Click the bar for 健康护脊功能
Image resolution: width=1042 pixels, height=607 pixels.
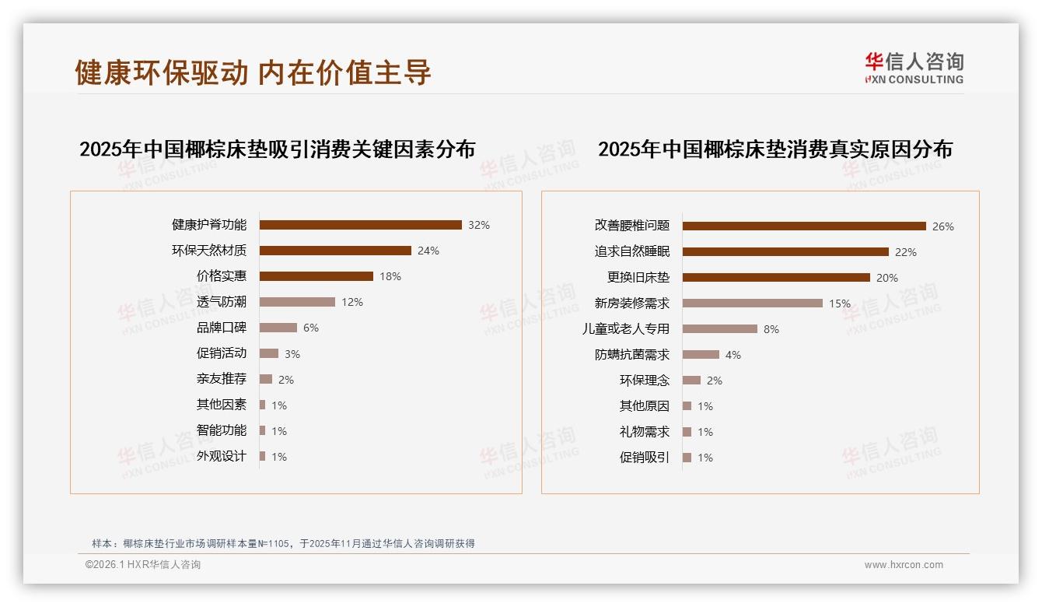[x=360, y=225]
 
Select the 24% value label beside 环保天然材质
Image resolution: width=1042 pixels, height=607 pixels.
[x=428, y=251]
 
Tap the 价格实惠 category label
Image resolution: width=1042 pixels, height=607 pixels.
[x=221, y=276]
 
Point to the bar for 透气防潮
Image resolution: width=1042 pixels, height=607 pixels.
[x=297, y=302]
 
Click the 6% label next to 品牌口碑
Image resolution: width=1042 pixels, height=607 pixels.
[x=311, y=328]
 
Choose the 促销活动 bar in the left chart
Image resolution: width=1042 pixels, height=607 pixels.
[x=268, y=353]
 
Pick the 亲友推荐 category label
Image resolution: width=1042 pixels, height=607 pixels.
[x=221, y=379]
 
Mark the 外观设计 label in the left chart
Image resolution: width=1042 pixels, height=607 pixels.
[x=221, y=456]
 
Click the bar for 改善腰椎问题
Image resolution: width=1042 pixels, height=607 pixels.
[x=804, y=226]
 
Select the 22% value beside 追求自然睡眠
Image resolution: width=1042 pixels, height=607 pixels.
[x=906, y=252]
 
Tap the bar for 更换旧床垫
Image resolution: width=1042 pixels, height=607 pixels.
[x=776, y=277]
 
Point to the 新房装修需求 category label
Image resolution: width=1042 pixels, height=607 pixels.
[x=631, y=303]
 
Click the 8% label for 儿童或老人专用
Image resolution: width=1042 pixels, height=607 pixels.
[x=771, y=329]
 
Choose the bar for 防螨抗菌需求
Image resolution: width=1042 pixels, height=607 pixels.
[x=701, y=354]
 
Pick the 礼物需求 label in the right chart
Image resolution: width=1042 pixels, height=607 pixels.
[x=644, y=432]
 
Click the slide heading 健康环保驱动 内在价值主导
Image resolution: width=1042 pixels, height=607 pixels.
[x=253, y=72]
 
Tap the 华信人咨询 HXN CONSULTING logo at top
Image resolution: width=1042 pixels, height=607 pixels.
[x=914, y=68]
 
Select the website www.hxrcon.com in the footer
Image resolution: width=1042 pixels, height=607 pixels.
[x=904, y=565]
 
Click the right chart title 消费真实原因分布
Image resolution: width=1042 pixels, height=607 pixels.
[x=775, y=149]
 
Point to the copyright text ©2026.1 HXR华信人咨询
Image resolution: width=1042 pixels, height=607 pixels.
[x=143, y=565]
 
